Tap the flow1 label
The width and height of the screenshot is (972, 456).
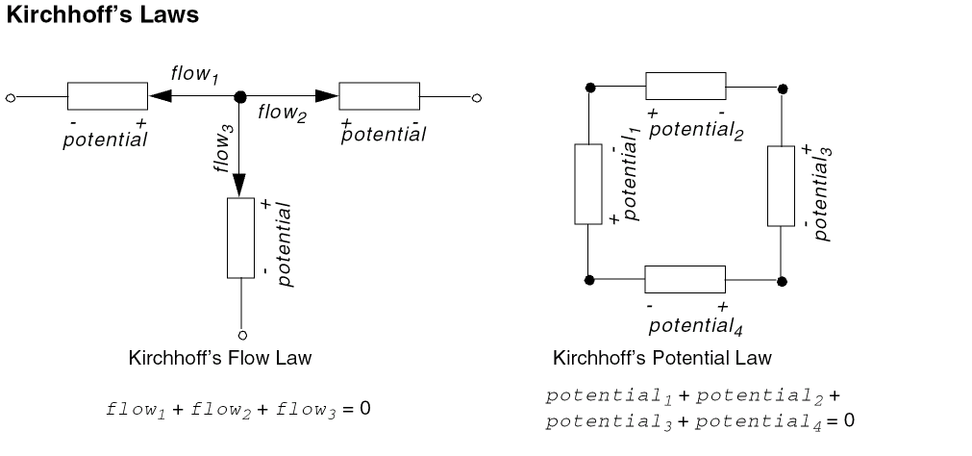tap(194, 74)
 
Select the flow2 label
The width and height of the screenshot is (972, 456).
tap(282, 113)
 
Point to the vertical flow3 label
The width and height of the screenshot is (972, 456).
tap(223, 148)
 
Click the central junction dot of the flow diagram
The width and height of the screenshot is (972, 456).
tap(240, 96)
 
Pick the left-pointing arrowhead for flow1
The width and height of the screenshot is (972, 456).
tap(160, 96)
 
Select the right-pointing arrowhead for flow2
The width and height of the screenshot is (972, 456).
tap(327, 96)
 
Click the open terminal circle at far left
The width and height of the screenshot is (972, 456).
tap(10, 97)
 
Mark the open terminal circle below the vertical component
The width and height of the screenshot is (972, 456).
tap(241, 335)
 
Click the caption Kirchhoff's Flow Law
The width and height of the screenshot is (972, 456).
tap(219, 358)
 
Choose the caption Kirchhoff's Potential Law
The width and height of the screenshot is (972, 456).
tap(662, 358)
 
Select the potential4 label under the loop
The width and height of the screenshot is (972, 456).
tap(695, 325)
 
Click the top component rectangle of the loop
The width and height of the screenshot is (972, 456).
tap(685, 86)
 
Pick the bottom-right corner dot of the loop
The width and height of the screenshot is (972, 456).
tap(782, 281)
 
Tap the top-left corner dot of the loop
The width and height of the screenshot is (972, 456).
tap(589, 88)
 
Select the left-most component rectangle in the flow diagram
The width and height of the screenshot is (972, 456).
tap(106, 97)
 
